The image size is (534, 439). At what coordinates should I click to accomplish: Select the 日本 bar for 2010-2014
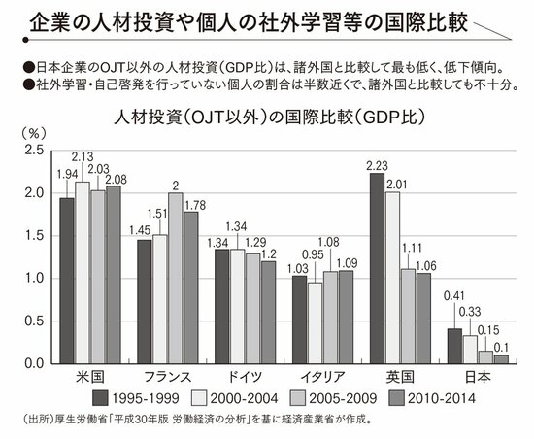click(x=500, y=357)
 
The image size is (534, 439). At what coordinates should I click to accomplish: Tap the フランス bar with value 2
click(x=174, y=278)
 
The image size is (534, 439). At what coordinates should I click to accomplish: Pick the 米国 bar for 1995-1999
click(x=67, y=280)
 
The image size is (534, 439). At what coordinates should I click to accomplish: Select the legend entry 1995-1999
click(x=125, y=398)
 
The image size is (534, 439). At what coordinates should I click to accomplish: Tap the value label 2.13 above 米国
click(x=83, y=156)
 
